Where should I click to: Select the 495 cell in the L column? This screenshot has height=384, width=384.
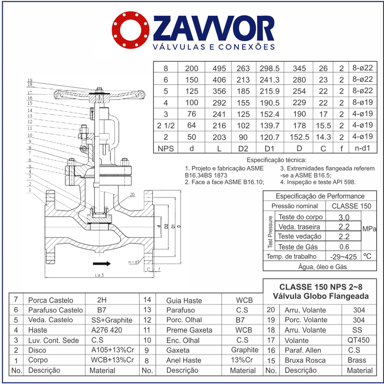[219, 68]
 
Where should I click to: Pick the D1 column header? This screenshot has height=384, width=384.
[269, 148]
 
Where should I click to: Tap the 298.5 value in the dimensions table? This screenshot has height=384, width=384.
[269, 68]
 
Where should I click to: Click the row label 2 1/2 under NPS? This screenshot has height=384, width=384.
[166, 126]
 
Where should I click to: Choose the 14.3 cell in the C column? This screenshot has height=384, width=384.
[323, 137]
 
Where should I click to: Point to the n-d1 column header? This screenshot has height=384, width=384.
[362, 148]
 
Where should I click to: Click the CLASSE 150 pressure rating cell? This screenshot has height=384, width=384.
[351, 206]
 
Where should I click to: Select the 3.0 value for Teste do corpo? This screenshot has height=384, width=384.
[344, 217]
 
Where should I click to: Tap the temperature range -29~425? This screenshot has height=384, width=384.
[344, 257]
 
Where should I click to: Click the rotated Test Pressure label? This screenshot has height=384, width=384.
[270, 232]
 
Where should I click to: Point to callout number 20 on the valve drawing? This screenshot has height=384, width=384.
[132, 195]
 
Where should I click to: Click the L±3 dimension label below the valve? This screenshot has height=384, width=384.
[100, 275]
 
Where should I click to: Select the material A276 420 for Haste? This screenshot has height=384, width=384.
[107, 330]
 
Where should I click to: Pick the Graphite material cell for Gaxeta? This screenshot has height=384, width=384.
[245, 350]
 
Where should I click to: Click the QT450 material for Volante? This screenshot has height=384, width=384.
[358, 340]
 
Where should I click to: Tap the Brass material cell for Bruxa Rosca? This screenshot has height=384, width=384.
[357, 360]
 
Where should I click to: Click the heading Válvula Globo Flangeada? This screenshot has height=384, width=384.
[320, 296]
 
